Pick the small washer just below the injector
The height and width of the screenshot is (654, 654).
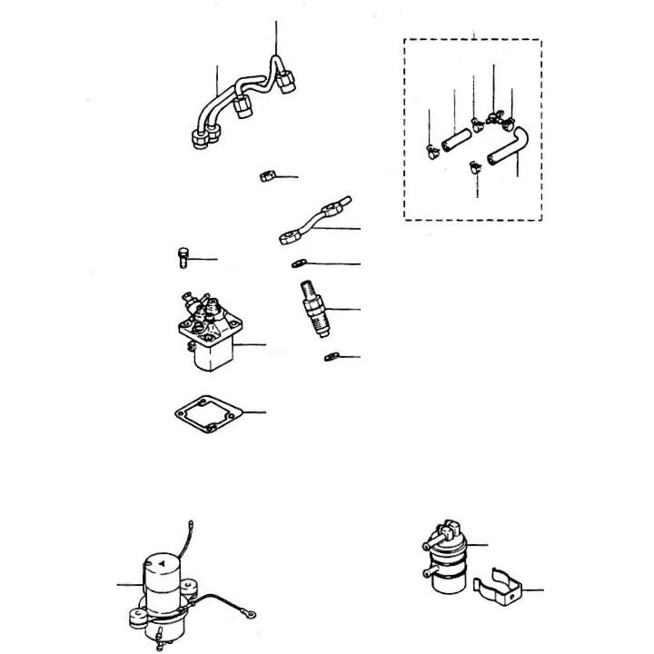click(329, 357)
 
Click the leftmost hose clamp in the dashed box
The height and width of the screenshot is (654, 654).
click(430, 150)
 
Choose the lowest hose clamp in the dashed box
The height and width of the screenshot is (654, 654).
click(471, 166)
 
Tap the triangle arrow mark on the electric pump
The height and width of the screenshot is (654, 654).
click(161, 564)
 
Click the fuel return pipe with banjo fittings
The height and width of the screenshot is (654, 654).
click(313, 221)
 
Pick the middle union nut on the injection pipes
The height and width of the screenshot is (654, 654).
click(243, 108)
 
